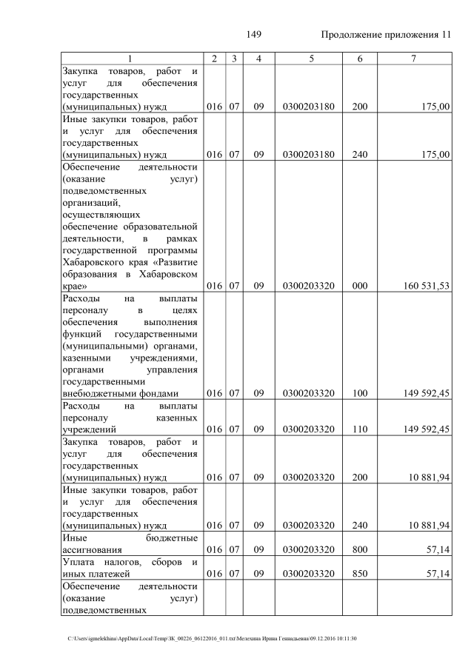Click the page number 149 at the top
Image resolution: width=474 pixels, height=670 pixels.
(x=254, y=35)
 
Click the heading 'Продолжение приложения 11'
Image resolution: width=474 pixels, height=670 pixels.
(x=386, y=35)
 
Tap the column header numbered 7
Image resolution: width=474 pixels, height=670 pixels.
(x=414, y=58)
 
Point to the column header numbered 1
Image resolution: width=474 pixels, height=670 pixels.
(x=131, y=58)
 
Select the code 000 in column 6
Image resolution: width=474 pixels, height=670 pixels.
(x=360, y=285)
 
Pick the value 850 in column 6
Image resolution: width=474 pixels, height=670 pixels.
(x=360, y=573)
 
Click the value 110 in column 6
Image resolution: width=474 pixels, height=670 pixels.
(x=360, y=429)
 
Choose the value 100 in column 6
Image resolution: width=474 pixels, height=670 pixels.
(x=360, y=393)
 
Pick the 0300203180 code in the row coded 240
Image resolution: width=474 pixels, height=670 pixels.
(x=309, y=154)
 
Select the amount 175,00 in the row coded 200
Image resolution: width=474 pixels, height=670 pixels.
(x=434, y=107)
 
